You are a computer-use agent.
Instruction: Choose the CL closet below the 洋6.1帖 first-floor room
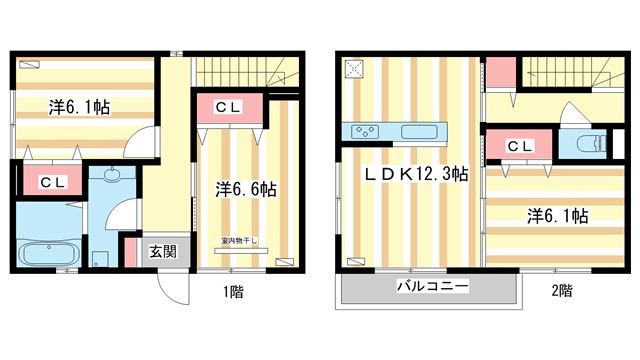point(52,181)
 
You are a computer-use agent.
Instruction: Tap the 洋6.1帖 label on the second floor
point(557,216)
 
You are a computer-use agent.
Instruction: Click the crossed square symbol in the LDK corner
point(353,69)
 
